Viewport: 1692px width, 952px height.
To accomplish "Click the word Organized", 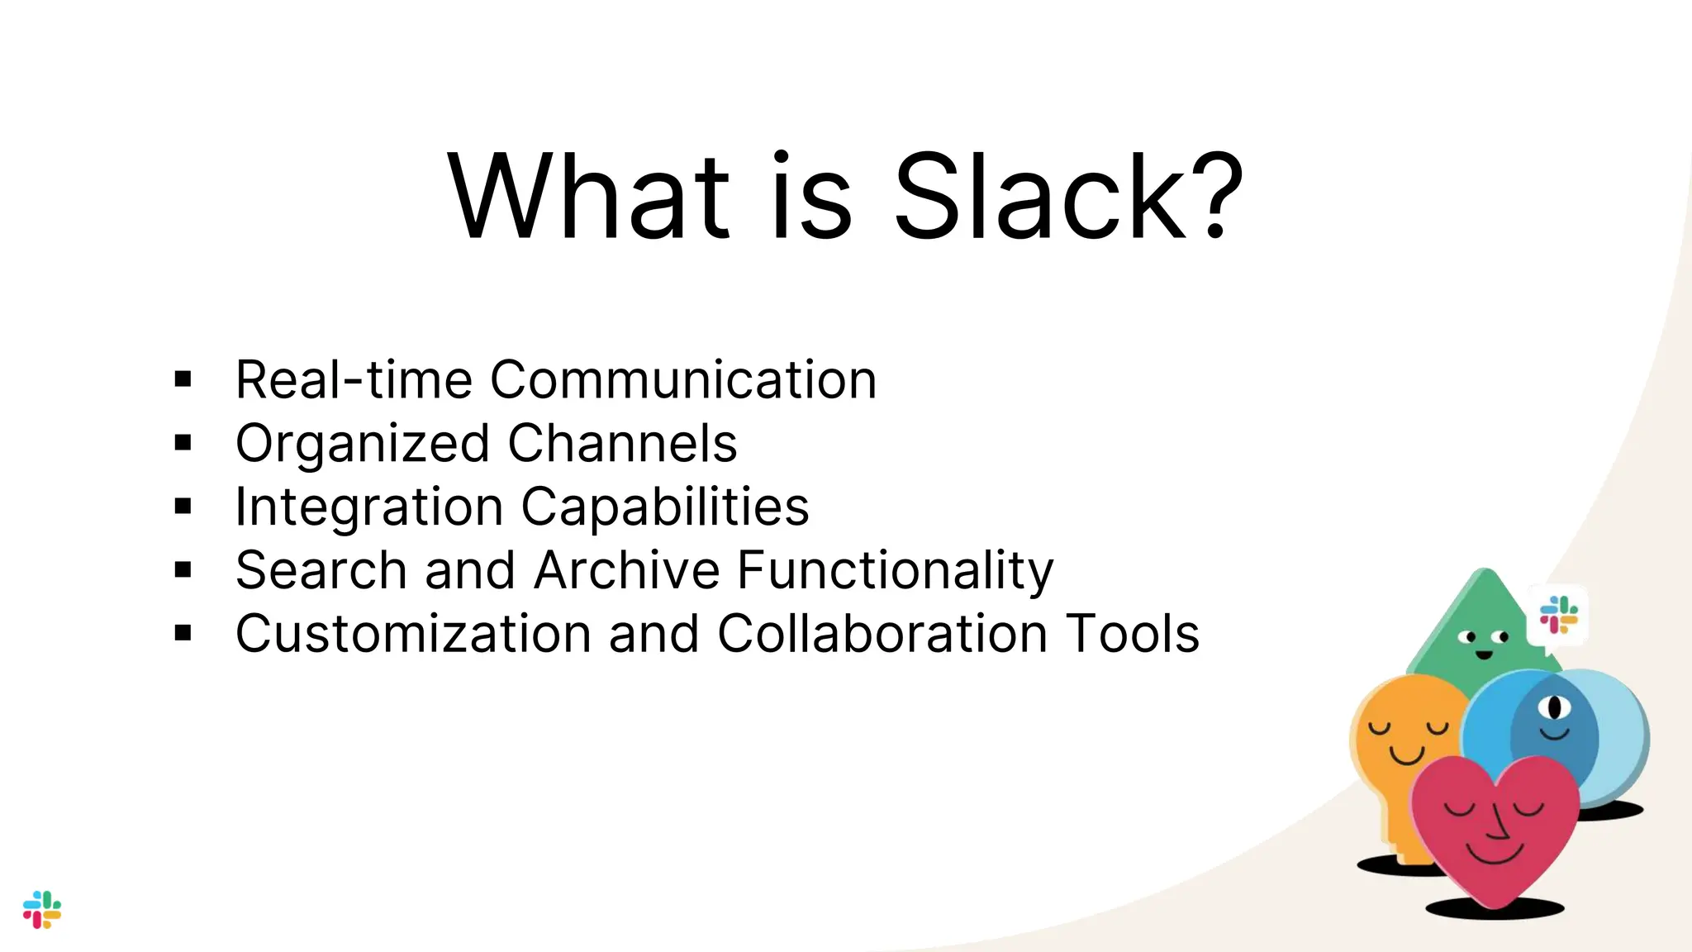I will tap(363, 445).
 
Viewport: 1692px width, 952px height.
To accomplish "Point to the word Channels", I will tap(621, 444).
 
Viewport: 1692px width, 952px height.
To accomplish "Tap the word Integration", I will tap(368, 507).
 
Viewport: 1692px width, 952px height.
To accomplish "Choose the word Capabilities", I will tap(664, 507).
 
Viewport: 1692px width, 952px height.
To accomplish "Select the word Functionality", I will tap(895, 570).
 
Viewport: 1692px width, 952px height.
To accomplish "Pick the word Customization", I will tap(413, 634).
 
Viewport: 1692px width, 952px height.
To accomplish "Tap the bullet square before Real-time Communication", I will tap(183, 380).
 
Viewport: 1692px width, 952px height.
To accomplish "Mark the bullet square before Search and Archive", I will tap(183, 570).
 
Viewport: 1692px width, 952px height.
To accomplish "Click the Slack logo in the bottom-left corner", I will tap(42, 909).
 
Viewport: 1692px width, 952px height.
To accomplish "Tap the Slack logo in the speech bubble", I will tap(1558, 615).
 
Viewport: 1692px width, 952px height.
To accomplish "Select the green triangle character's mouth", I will tap(1484, 654).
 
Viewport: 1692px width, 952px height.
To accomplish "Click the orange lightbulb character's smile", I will tap(1406, 754).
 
